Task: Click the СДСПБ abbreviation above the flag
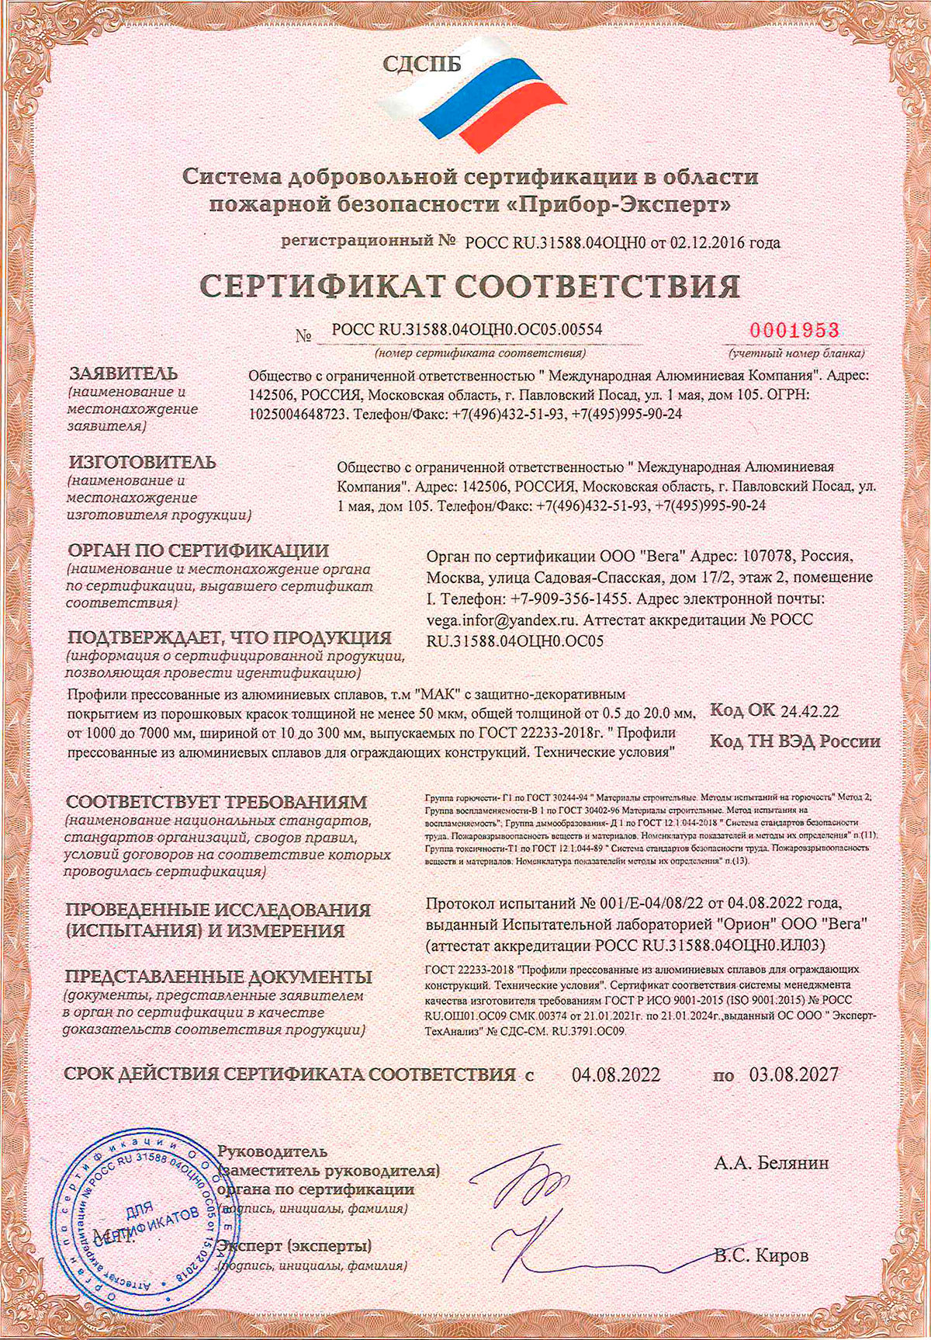tap(422, 65)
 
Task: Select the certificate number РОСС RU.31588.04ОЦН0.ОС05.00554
tap(466, 330)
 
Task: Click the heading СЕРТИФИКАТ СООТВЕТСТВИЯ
tap(470, 287)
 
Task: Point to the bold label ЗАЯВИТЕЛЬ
tap(123, 373)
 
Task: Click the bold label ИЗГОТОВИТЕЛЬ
tap(141, 463)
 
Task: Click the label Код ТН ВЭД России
tap(794, 741)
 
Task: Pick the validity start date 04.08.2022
tap(616, 1074)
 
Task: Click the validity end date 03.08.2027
tap(794, 1074)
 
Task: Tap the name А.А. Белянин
tap(771, 1163)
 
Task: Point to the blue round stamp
tap(144, 1221)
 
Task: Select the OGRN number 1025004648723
tap(297, 415)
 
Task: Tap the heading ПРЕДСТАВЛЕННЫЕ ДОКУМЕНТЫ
tap(219, 977)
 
